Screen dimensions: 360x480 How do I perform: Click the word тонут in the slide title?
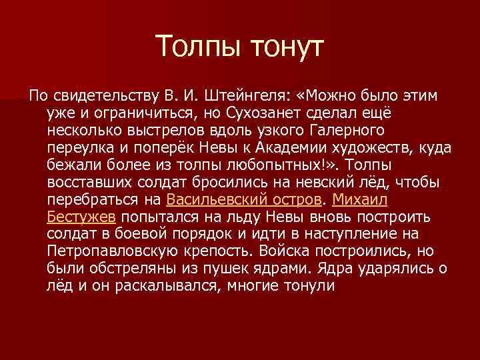pos(285,48)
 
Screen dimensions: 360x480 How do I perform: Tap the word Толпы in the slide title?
pos(197,48)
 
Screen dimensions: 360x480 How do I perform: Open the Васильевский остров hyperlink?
pos(244,199)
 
